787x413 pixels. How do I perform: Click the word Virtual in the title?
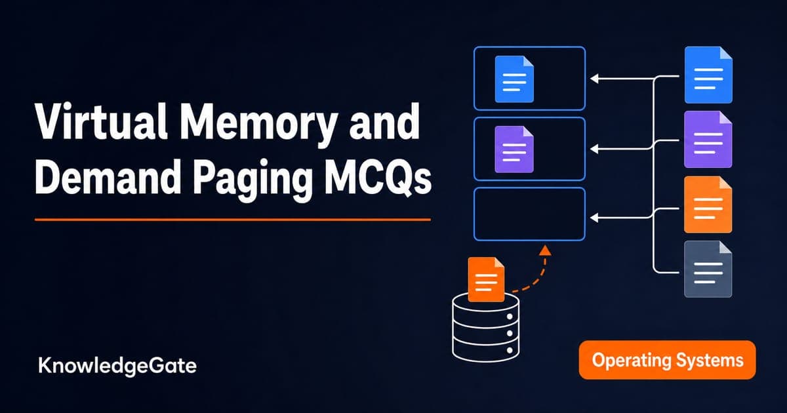(101, 121)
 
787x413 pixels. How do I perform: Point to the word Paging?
(252, 180)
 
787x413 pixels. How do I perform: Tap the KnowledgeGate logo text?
(117, 366)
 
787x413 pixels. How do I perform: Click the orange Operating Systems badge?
(667, 360)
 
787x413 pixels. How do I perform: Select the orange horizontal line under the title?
(233, 220)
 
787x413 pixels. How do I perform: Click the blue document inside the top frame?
(514, 79)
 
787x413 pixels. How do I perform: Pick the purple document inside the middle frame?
(514, 149)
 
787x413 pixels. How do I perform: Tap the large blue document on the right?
(708, 75)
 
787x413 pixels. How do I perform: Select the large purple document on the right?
(708, 140)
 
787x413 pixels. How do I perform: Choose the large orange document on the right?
(708, 205)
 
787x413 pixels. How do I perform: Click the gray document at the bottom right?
(708, 269)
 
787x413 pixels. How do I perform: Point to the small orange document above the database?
(486, 279)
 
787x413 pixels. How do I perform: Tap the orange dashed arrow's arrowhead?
(545, 250)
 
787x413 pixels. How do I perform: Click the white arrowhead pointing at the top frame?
(594, 78)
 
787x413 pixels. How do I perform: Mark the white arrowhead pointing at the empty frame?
(594, 218)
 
